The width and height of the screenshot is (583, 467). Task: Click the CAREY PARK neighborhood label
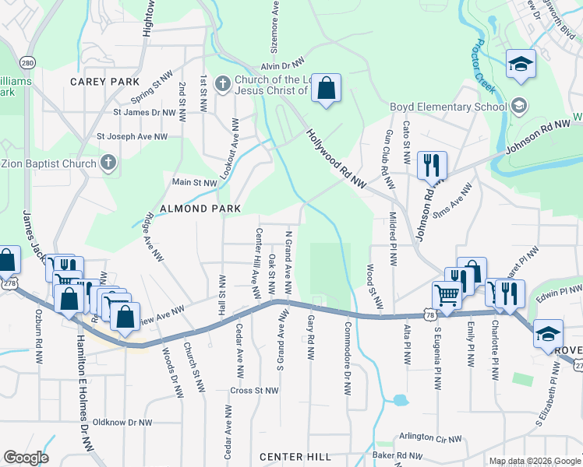pos(104,82)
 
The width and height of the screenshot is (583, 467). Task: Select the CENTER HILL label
pos(295,456)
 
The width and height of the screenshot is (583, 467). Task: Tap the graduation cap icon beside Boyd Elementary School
pos(519,106)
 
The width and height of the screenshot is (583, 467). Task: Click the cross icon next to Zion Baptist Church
pos(108,163)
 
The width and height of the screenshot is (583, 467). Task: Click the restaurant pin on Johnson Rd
pos(431,165)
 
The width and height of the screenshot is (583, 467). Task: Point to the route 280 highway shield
pos(28,62)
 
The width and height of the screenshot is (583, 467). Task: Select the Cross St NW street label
pos(254,390)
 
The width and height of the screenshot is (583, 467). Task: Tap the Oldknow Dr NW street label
pos(122,422)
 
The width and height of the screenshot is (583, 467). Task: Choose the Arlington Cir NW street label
pos(430,438)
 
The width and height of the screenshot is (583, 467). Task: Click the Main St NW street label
pos(194,182)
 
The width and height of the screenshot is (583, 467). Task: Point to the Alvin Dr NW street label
pos(282,68)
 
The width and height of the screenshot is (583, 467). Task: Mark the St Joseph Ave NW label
pos(132,136)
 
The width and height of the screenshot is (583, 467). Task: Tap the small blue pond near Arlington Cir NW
pos(400,401)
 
